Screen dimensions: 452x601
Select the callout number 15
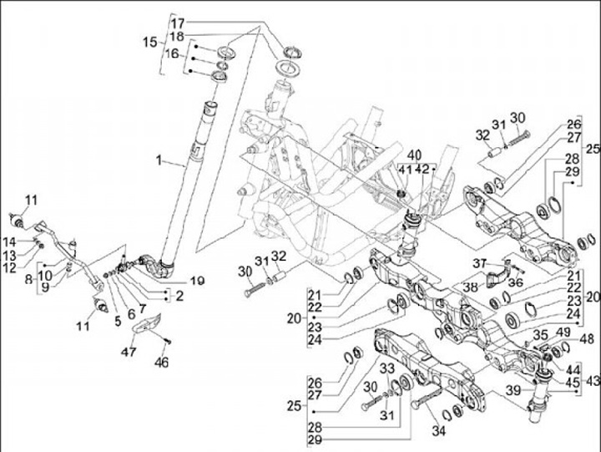(x=149, y=42)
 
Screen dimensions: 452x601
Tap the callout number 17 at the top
(x=179, y=23)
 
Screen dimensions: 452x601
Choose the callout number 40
(x=414, y=154)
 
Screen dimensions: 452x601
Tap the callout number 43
(x=593, y=379)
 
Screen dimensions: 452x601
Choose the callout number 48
(x=586, y=339)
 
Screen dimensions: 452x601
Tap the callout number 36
(x=515, y=282)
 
